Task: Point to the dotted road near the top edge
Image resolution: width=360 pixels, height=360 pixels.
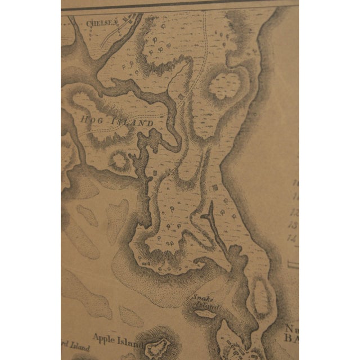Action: pyautogui.click(x=210, y=34)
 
